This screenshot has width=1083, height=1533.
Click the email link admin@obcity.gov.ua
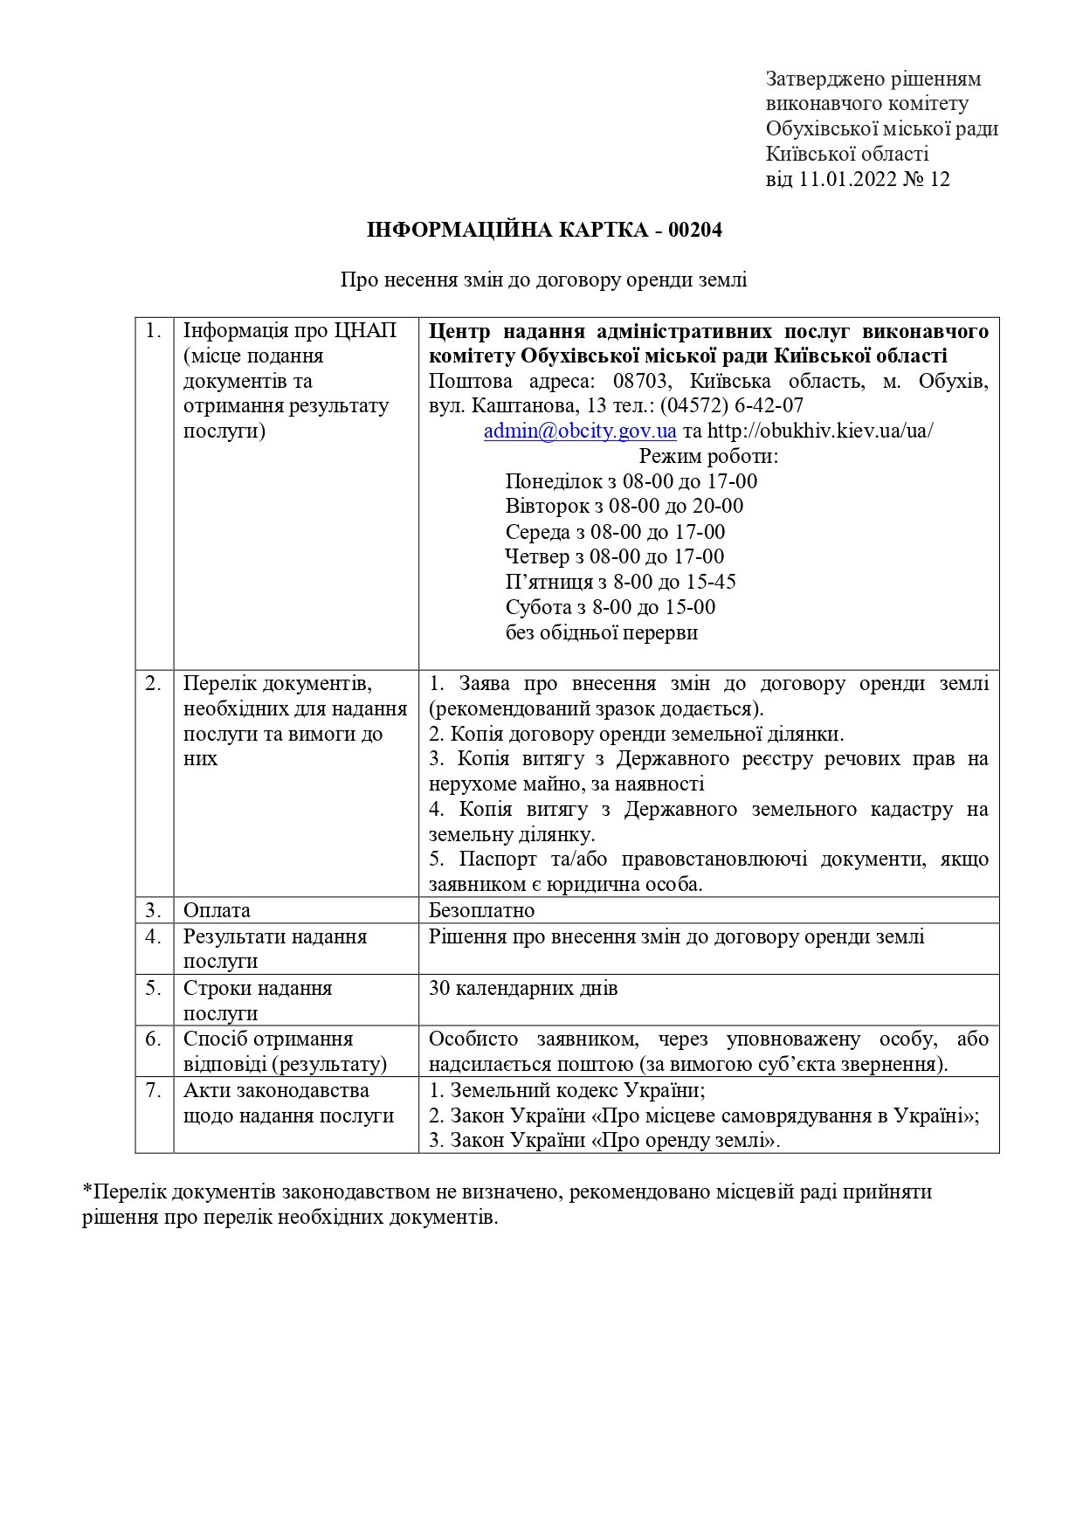[580, 431]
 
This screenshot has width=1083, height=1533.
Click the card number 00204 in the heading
[695, 231]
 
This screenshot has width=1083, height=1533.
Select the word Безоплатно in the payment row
[481, 910]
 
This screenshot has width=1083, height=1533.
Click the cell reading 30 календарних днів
[523, 988]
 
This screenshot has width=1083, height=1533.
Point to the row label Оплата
[217, 910]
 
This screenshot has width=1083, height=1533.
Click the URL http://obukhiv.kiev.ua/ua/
[819, 431]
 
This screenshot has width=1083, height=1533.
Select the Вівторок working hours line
[624, 506]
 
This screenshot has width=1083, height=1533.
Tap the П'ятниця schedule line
[620, 582]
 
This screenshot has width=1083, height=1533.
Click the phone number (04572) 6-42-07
[731, 405]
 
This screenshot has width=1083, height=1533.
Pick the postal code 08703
[642, 381]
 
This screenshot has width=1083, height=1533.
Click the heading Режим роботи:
[708, 456]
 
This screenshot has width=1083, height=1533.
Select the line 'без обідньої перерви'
[601, 632]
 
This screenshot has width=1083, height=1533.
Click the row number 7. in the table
[154, 1090]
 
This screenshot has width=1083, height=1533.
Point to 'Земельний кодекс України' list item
[576, 1090]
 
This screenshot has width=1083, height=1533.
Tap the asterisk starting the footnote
[87, 1191]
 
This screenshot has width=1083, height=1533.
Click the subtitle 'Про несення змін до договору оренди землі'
[543, 280]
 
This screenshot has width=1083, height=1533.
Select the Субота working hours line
[610, 607]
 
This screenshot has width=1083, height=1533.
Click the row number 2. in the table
[154, 683]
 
